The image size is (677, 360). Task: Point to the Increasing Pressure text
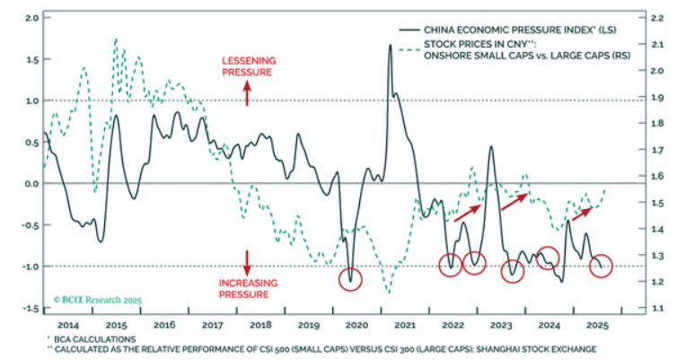click(x=248, y=287)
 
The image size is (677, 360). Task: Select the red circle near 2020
click(x=350, y=278)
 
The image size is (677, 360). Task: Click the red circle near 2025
click(x=601, y=266)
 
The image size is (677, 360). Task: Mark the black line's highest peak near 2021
click(x=391, y=45)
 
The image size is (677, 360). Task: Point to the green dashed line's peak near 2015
click(x=116, y=40)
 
